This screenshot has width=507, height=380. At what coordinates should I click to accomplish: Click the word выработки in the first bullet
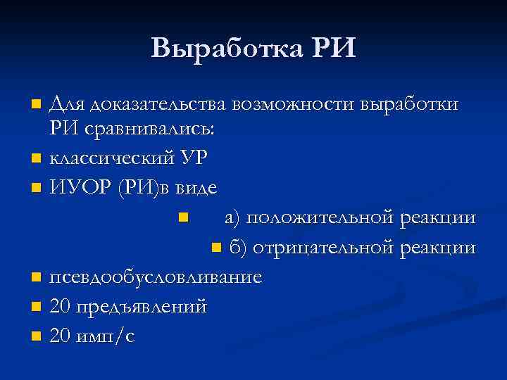coord(409,105)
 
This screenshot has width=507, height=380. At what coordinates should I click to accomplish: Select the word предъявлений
coord(143,307)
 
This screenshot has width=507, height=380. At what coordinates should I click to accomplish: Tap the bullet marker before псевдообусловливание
coord(37,277)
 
